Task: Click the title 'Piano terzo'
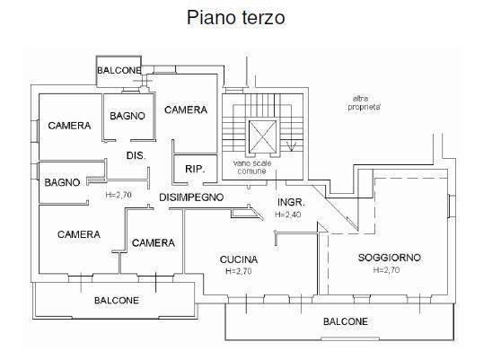click(236, 17)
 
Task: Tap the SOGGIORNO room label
click(389, 258)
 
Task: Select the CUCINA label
click(239, 259)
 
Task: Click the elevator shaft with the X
click(263, 136)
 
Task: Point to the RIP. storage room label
click(195, 169)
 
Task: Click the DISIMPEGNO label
click(191, 198)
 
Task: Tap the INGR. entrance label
click(291, 202)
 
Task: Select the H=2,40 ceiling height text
click(288, 215)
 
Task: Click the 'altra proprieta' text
click(364, 103)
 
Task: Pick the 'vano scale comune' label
click(252, 167)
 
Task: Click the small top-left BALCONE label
click(119, 70)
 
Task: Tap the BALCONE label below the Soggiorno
click(346, 321)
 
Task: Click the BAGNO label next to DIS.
click(127, 116)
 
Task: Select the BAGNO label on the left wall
click(62, 182)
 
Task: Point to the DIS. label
click(136, 155)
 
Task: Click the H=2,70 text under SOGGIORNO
click(386, 270)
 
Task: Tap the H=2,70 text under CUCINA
click(239, 271)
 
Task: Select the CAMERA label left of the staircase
click(186, 110)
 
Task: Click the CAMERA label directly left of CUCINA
click(154, 242)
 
